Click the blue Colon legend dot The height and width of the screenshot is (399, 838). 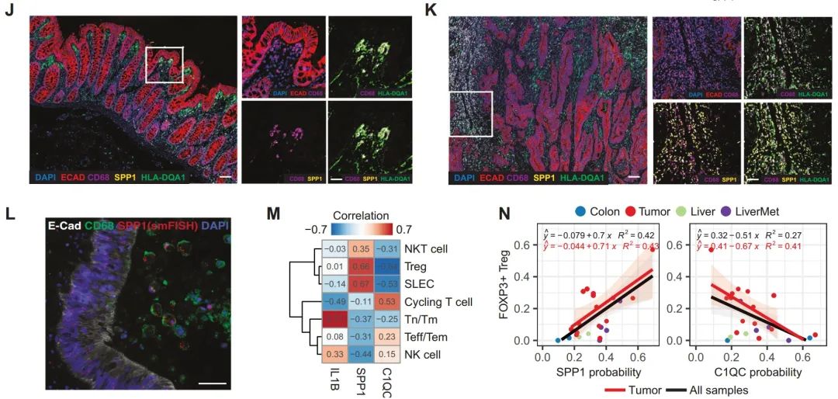coord(578,210)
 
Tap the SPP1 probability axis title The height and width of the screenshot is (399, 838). coord(597,372)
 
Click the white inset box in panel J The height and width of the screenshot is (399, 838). coord(164,64)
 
